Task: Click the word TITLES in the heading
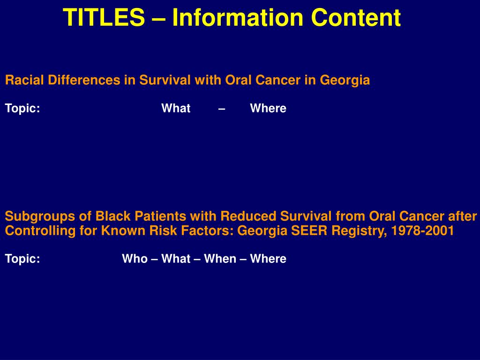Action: coord(104,17)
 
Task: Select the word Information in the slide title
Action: coord(238,17)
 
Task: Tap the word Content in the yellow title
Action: coord(356,17)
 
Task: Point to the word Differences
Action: coord(84,80)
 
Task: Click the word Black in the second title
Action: coord(113,216)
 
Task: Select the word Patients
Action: coord(160,216)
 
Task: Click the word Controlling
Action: coord(40,231)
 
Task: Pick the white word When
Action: coord(220,259)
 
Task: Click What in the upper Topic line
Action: coord(176,108)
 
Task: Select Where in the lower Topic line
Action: coord(268,259)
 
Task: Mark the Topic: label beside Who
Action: coord(22,259)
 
